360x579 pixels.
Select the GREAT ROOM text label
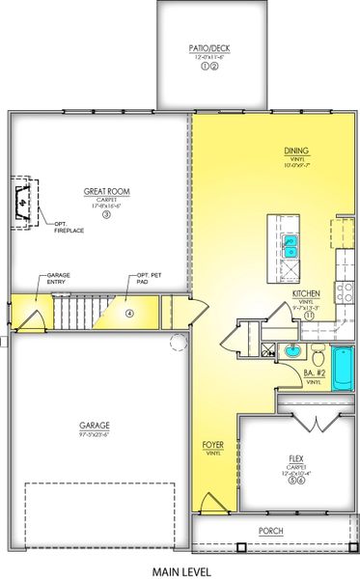[107, 192]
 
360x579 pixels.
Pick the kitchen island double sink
[290, 247]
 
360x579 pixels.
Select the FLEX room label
[297, 459]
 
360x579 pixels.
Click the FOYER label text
[213, 445]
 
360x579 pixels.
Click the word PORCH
[271, 531]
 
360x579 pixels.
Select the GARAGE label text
[94, 425]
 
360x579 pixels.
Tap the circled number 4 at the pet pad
[128, 313]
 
